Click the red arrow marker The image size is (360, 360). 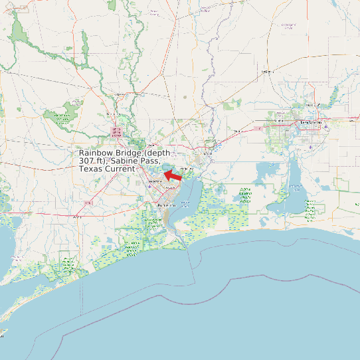click(x=173, y=175)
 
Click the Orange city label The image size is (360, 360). click(x=207, y=153)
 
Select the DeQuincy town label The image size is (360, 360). click(x=268, y=71)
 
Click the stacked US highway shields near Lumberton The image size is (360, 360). click(x=116, y=132)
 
